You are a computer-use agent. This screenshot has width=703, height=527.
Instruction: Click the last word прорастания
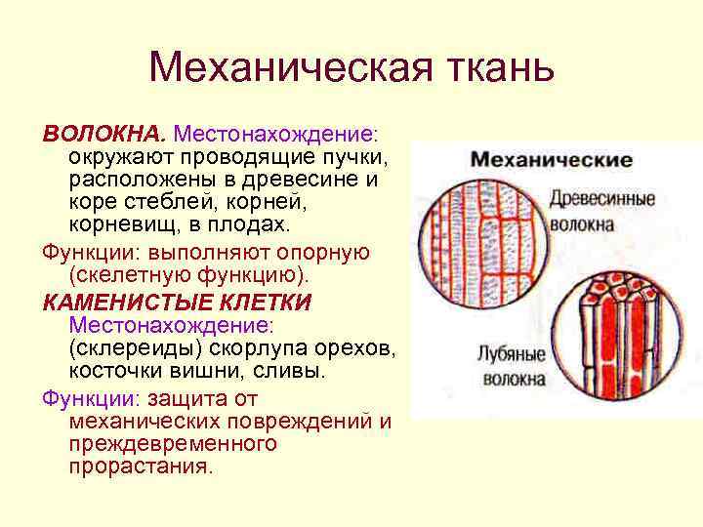140,467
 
